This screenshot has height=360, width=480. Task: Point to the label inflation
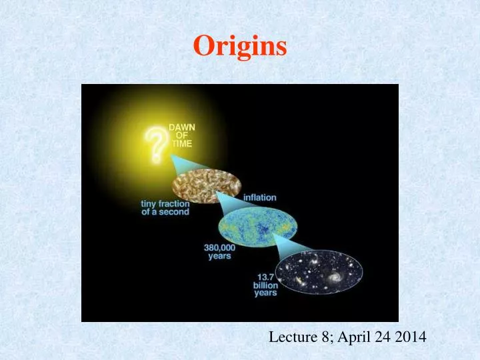[x=259, y=197]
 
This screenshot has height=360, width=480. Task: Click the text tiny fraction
[x=165, y=203]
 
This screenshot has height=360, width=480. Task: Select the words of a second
[x=165, y=212]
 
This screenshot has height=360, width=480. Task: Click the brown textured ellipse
[x=206, y=187]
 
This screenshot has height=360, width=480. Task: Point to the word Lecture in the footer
[x=289, y=339]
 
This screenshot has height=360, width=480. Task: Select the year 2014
[x=410, y=339]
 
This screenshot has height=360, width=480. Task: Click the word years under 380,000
[x=220, y=255]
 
